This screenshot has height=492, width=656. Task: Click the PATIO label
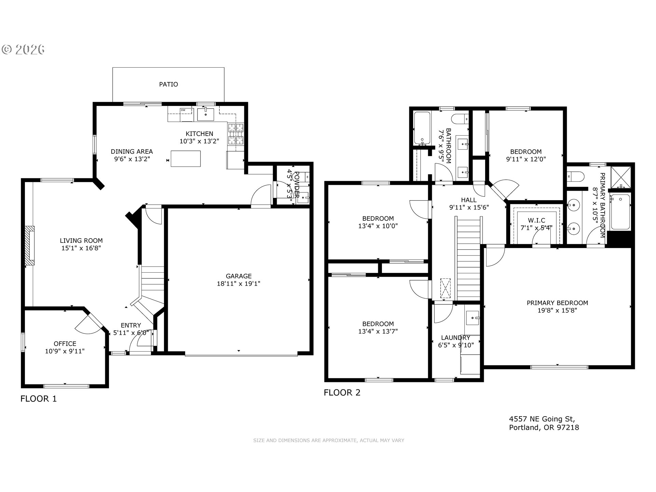click(x=168, y=84)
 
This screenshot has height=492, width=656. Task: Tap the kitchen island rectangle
click(x=186, y=159)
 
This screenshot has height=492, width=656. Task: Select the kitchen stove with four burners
click(x=236, y=134)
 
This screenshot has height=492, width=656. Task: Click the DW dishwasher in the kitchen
click(x=187, y=114)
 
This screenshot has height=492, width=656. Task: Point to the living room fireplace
click(x=30, y=246)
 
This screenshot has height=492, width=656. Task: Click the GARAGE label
click(x=238, y=276)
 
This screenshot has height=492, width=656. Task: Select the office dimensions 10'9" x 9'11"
click(x=65, y=351)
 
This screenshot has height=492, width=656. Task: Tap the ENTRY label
click(x=131, y=325)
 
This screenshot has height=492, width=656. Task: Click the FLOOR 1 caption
click(x=39, y=399)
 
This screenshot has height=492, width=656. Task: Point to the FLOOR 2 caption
click(x=342, y=393)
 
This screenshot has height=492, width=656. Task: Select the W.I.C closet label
click(x=536, y=220)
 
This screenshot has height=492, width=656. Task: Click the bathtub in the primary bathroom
click(x=620, y=212)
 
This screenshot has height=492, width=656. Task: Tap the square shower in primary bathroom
click(x=620, y=177)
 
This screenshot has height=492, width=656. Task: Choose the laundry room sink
click(x=473, y=318)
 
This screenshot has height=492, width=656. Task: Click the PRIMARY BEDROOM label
click(x=557, y=303)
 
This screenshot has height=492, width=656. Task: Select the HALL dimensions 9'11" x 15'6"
click(x=469, y=207)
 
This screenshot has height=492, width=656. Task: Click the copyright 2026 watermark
click(x=23, y=50)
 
